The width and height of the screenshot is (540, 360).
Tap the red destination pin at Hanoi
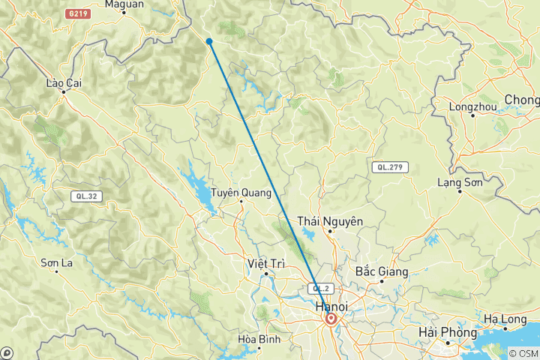pos(330,318)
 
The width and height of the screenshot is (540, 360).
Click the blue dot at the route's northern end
pos(209,41)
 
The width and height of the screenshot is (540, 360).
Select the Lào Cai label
pos(63,82)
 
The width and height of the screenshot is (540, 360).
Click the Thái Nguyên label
pos(330,221)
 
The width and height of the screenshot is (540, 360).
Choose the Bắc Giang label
pos(381,271)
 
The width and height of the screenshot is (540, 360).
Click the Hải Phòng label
pos(448,332)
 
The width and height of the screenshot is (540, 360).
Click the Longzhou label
pos(473,106)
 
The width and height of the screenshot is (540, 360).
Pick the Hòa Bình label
pos(258,339)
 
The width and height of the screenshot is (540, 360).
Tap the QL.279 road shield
pos(389,167)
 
